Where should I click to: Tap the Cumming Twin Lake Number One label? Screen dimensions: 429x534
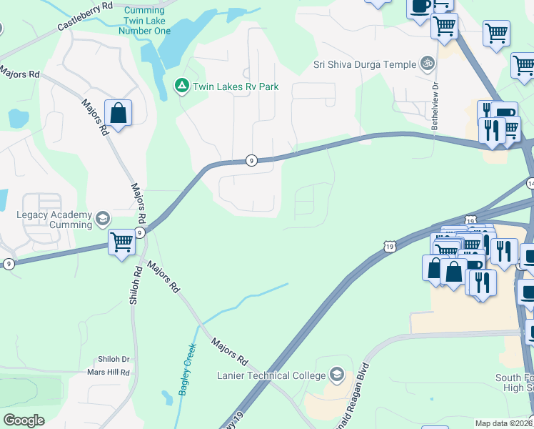(x=148, y=21)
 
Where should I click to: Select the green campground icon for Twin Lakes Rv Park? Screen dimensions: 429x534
(x=182, y=87)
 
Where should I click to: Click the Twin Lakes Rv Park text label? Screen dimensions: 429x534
(x=235, y=87)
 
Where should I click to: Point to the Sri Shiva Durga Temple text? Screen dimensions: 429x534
(x=365, y=64)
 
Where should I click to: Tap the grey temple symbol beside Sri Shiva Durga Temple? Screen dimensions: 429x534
(x=428, y=64)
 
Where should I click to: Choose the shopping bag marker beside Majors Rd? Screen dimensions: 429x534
(x=119, y=113)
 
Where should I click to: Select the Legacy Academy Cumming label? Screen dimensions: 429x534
(x=55, y=220)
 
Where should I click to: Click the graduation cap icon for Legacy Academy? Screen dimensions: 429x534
(x=103, y=218)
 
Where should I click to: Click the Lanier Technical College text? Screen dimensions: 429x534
(x=273, y=375)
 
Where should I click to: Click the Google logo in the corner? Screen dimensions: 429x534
(x=24, y=420)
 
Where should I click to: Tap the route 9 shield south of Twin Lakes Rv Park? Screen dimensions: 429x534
(x=251, y=161)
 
